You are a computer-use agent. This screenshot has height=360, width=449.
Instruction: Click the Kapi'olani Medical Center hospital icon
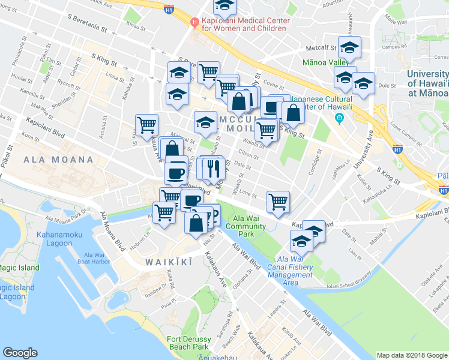click(194, 23)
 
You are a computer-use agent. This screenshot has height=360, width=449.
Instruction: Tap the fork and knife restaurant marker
click(211, 169)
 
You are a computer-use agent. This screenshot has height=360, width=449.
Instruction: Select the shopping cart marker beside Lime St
click(278, 202)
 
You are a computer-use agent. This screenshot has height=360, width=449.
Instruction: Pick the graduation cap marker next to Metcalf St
click(349, 48)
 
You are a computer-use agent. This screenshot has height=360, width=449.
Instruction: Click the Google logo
click(20, 353)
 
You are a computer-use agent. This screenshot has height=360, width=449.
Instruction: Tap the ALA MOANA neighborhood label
click(59, 160)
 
